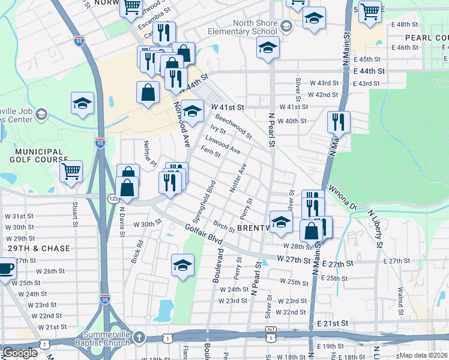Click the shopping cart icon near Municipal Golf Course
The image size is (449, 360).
[71, 170]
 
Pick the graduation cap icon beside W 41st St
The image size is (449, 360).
[192, 111]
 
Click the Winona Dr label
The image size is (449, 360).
[343, 197]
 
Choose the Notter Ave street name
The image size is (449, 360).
[238, 178]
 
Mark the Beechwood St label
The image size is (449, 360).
[234, 127]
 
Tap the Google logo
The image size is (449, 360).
[20, 353]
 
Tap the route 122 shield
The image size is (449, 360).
[113, 198]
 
